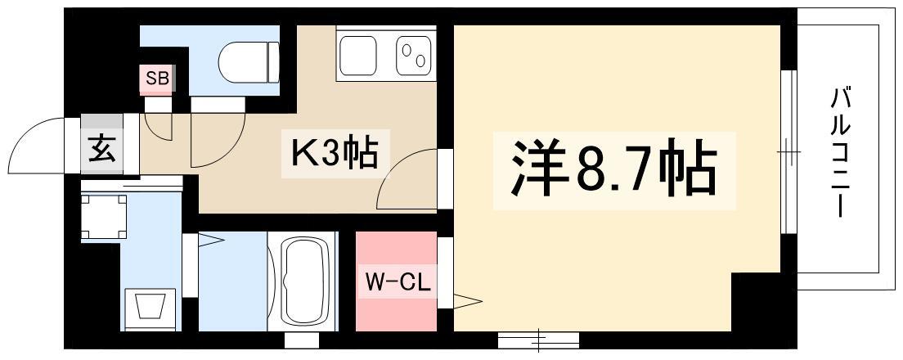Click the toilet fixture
[249, 63]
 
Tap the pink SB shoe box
[157, 79]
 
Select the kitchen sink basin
[357, 56]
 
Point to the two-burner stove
[414, 56]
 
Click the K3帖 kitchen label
[335, 154]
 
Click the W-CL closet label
[398, 283]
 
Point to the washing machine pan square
[104, 217]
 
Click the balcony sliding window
[788, 152]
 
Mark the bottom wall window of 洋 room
[538, 340]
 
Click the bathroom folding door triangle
[211, 240]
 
